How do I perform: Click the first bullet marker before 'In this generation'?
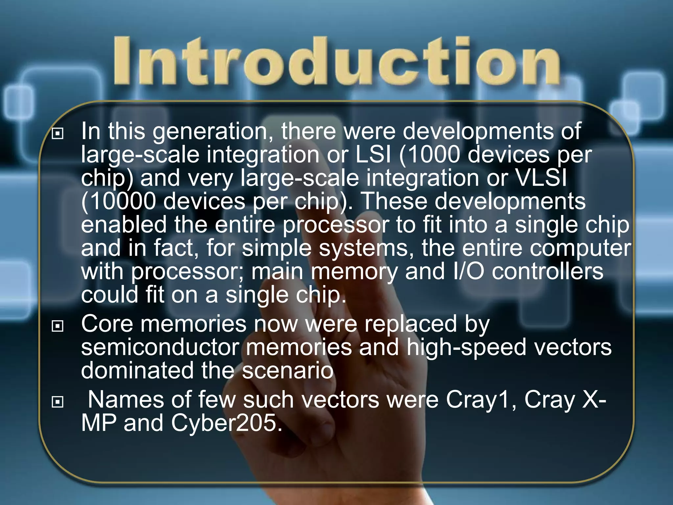(58, 133)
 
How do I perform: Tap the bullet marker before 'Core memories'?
(58, 326)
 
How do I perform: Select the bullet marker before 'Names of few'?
(58, 402)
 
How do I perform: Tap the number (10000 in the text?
(118, 201)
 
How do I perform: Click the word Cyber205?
(226, 423)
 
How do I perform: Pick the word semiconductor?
(160, 348)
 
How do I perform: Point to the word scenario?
(288, 371)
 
